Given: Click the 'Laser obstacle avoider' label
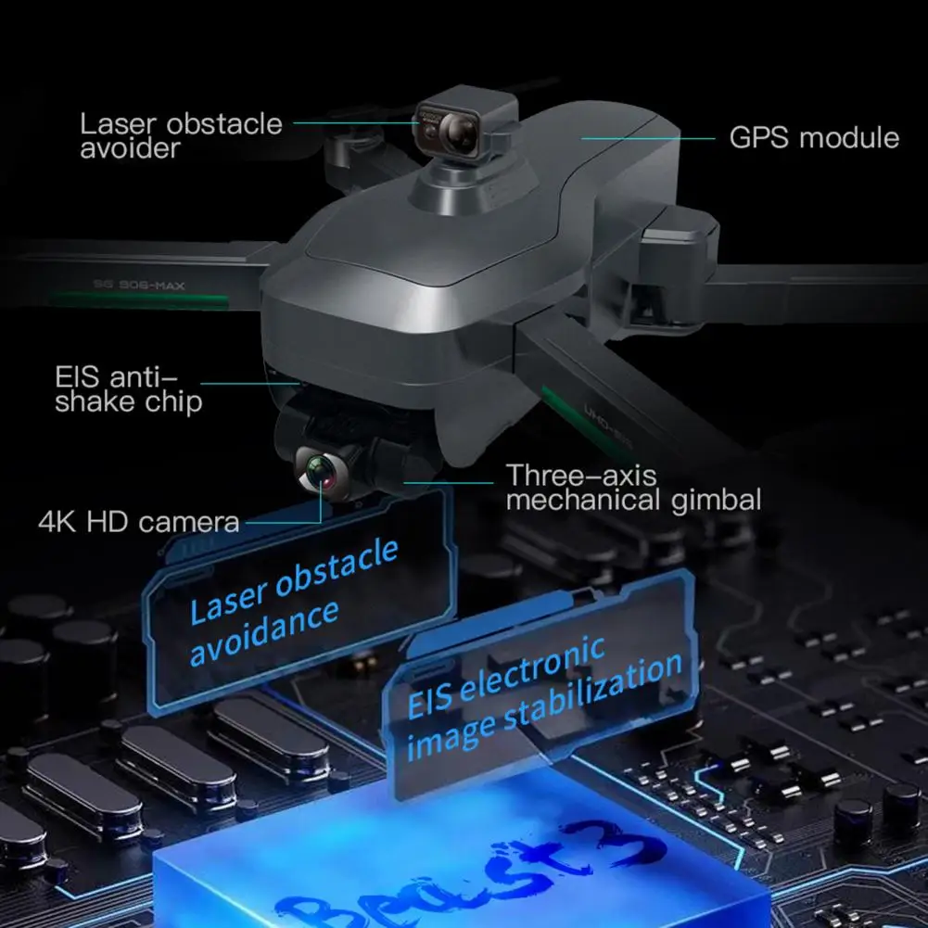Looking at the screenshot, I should coord(180,135).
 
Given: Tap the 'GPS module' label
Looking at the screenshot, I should coord(814,138).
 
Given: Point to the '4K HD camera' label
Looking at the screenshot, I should coord(138,521).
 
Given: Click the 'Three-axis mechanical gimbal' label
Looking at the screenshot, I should coord(633,489).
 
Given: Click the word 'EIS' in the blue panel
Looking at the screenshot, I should coord(430,699).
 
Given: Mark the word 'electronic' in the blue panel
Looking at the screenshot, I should coord(533,670).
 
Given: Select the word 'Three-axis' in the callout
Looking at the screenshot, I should coord(581,477).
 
